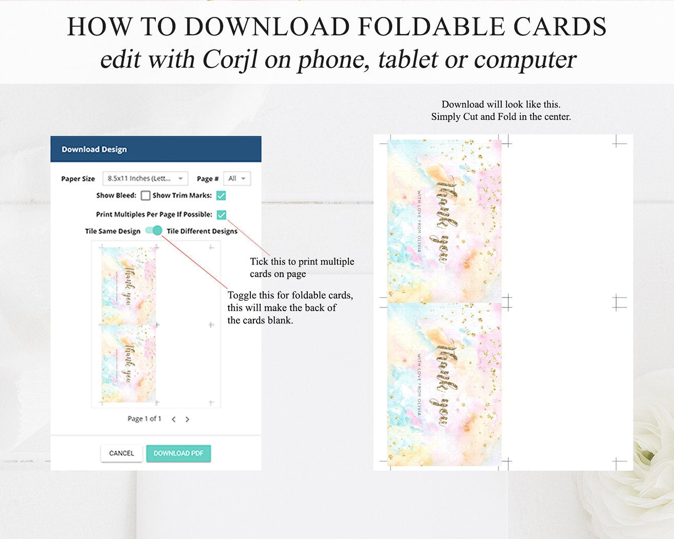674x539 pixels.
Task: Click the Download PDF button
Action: click(x=179, y=453)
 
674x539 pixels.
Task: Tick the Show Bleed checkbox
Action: click(x=146, y=196)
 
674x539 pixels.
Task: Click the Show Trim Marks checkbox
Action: click(x=221, y=196)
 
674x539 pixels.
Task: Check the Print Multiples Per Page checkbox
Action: click(x=221, y=215)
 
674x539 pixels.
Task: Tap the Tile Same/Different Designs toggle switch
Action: click(x=154, y=230)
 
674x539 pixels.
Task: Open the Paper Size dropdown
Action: click(x=145, y=179)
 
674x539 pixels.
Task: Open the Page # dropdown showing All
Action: click(x=237, y=179)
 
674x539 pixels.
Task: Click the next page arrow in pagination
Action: click(x=187, y=419)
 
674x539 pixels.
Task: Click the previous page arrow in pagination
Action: click(x=174, y=419)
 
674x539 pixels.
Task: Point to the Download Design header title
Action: click(x=94, y=149)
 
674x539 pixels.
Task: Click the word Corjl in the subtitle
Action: click(x=230, y=60)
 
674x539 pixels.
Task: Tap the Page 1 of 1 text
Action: click(x=144, y=419)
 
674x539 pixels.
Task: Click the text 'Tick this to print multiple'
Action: click(x=302, y=261)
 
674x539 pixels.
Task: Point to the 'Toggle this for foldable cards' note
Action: click(x=290, y=295)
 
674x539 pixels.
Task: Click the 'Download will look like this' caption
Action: click(x=501, y=104)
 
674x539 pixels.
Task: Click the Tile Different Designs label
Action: click(x=202, y=231)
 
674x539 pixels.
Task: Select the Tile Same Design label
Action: click(x=113, y=231)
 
